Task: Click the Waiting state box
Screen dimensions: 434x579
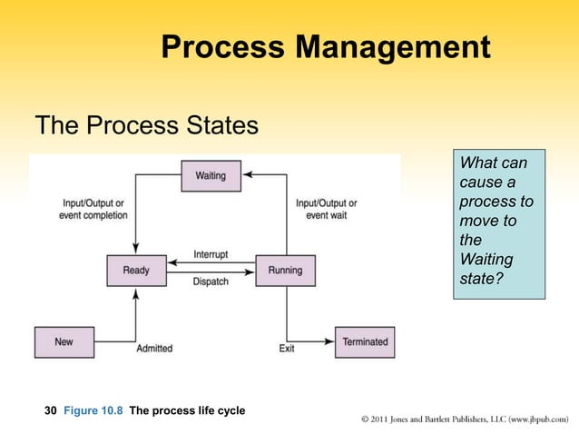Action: click(x=211, y=175)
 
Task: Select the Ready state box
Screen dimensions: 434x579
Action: click(x=136, y=270)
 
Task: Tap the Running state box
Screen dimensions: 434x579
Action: click(x=286, y=270)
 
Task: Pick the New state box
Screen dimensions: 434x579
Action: click(x=64, y=341)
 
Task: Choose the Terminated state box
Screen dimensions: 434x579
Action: click(x=365, y=341)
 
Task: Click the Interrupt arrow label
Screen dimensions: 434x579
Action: click(x=211, y=254)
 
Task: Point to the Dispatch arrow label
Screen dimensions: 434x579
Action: click(x=211, y=282)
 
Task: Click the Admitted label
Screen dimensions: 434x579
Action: click(x=154, y=349)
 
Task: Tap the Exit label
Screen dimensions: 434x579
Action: click(x=286, y=349)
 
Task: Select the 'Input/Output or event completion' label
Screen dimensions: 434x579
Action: click(x=93, y=209)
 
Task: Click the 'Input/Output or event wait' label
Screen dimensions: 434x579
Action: click(x=326, y=209)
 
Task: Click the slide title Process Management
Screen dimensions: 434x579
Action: click(x=326, y=46)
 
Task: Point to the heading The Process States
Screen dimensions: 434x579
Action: click(x=146, y=125)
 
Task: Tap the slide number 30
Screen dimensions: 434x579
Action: click(x=51, y=411)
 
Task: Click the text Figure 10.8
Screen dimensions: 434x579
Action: click(x=93, y=411)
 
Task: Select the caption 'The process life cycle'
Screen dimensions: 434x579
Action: click(x=187, y=411)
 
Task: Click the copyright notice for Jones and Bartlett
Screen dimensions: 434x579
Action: click(x=464, y=419)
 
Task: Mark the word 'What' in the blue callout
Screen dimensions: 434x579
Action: click(x=478, y=163)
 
